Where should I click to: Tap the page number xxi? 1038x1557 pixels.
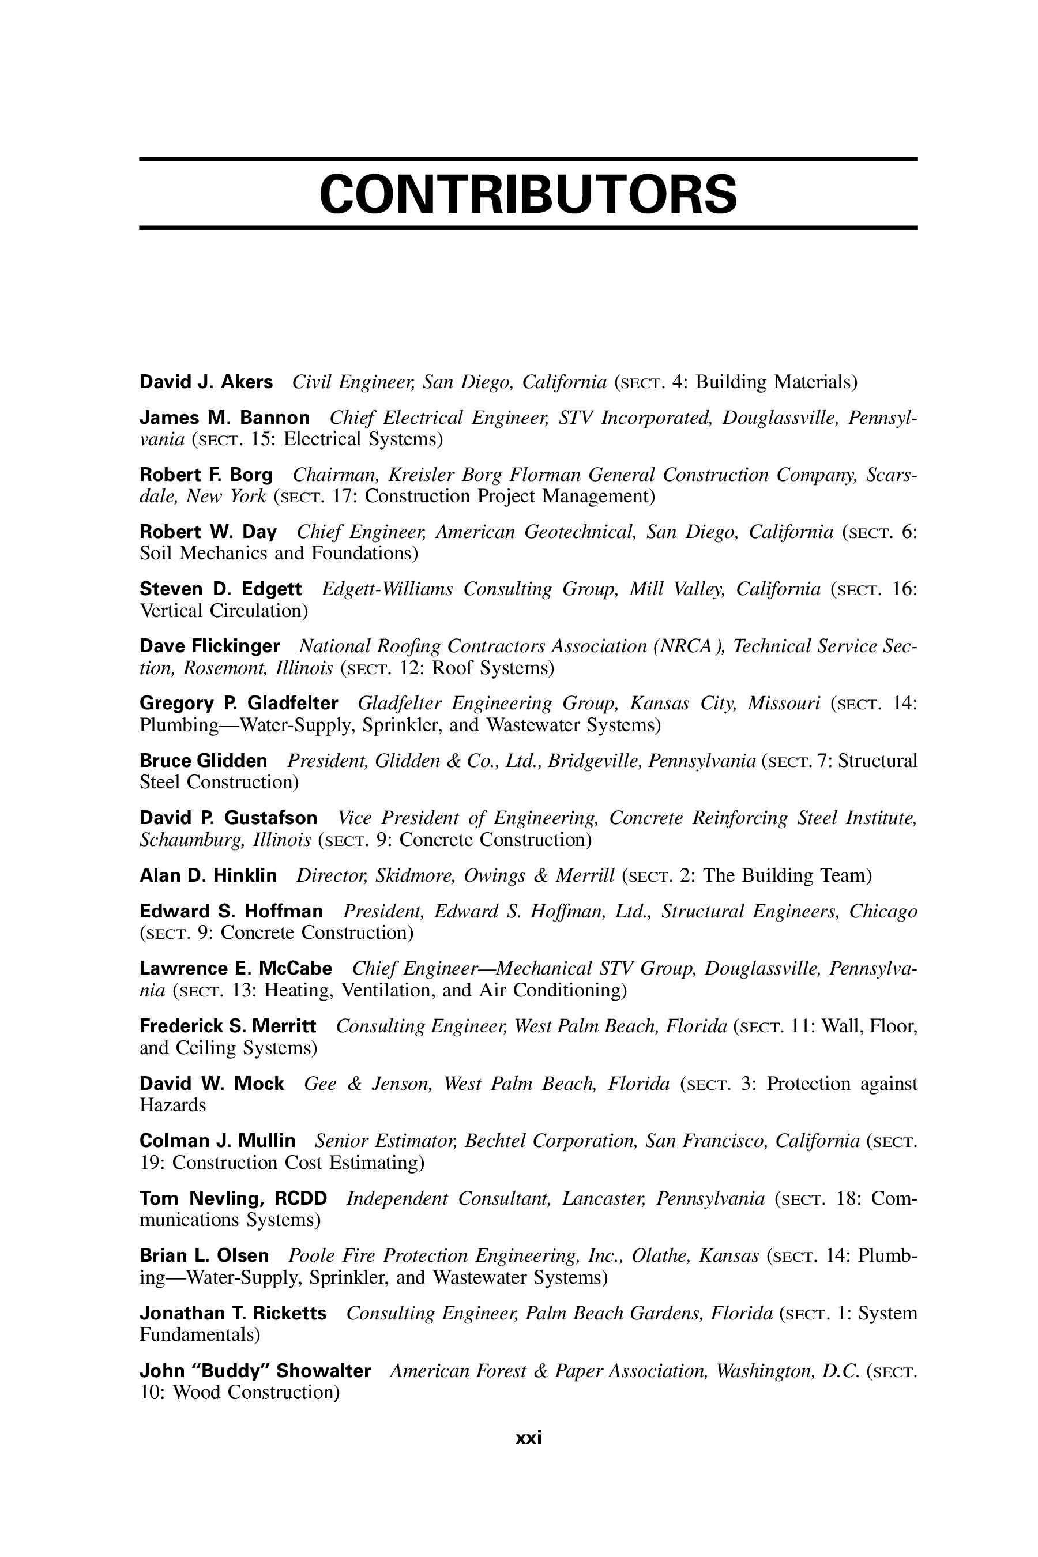coord(528,1437)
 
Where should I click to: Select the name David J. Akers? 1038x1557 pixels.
coord(206,382)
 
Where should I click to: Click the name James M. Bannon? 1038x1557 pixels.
coord(224,418)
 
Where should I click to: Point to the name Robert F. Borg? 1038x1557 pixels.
coord(206,475)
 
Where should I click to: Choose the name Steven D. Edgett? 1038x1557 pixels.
coord(220,589)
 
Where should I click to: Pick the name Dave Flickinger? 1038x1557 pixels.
coord(209,646)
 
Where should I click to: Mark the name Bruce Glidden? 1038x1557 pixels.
coord(203,761)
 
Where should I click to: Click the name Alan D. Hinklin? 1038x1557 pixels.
coord(208,876)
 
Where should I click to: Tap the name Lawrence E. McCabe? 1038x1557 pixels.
coord(236,968)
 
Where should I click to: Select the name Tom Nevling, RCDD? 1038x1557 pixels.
coord(233,1198)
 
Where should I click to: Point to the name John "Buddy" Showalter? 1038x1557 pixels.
coord(255,1370)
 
